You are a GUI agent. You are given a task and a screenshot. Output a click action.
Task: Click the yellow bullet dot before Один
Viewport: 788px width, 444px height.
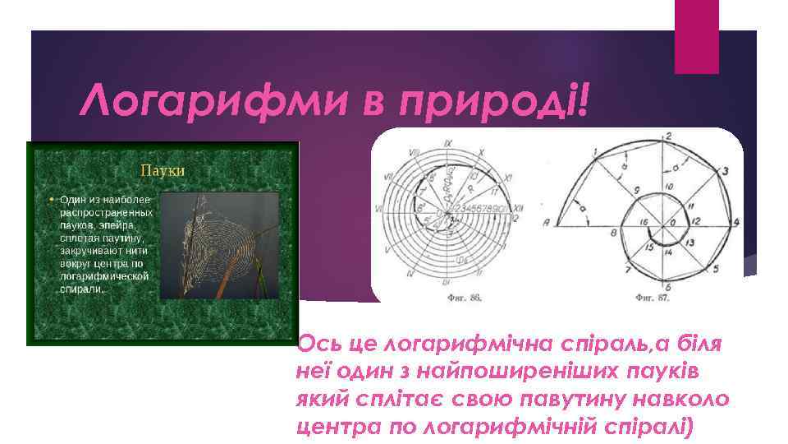point(51,200)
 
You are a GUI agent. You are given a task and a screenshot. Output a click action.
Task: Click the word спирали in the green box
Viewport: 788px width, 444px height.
point(81,290)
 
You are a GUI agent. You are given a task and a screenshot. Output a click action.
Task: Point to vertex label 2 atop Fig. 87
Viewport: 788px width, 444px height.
point(669,136)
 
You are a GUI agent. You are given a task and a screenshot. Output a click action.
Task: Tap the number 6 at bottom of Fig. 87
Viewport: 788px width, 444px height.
point(668,286)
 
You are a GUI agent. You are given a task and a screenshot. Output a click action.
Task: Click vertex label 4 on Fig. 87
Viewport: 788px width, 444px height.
point(736,223)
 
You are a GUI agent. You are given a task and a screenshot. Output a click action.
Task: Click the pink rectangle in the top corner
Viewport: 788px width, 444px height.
point(696,36)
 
